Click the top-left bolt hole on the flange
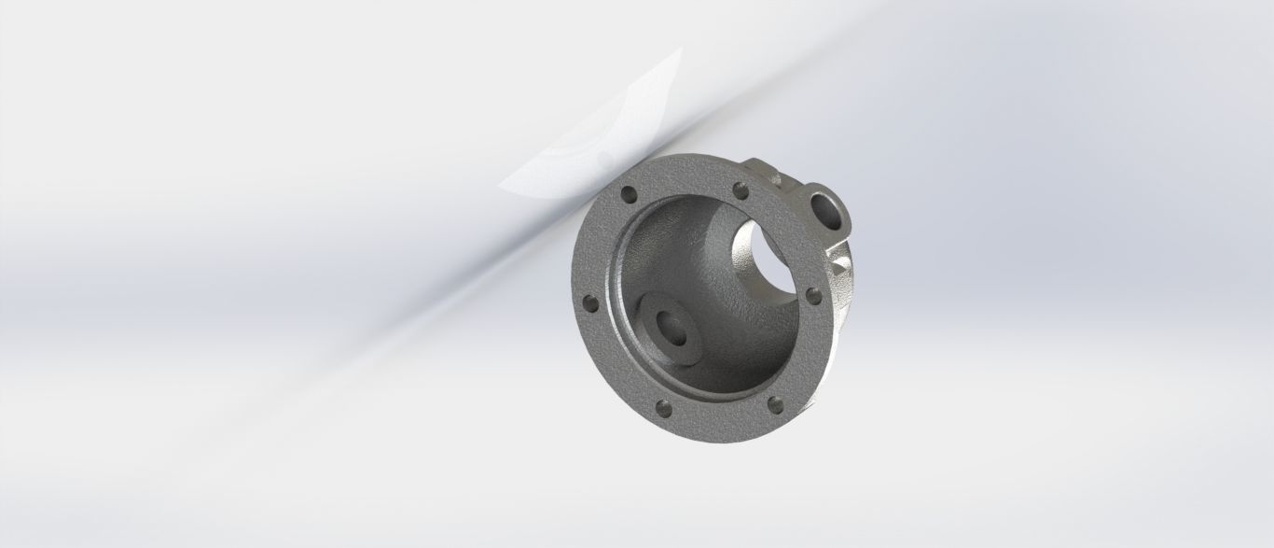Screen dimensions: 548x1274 [x=627, y=195]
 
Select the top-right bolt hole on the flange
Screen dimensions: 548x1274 [x=742, y=191]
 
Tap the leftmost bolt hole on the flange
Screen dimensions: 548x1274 [x=589, y=302]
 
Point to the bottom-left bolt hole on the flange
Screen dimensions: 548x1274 [x=664, y=408]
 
